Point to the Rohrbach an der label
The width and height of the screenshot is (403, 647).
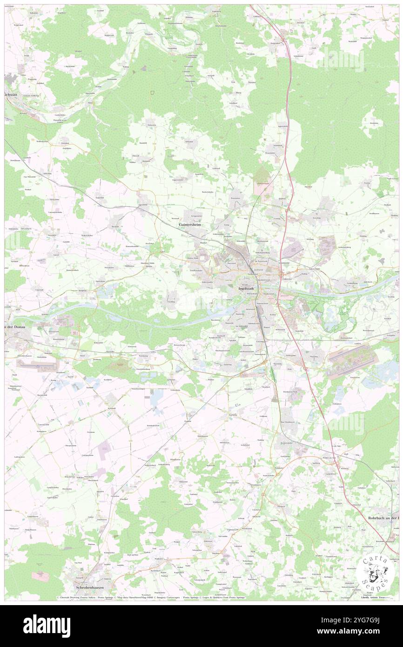click(383, 519)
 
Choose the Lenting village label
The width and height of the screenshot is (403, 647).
click(277, 218)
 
